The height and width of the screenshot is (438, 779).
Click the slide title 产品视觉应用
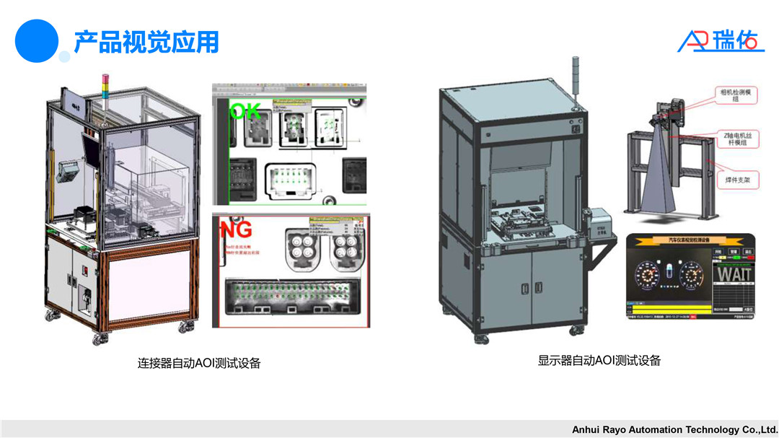146,42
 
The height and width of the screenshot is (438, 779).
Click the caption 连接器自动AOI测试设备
199,363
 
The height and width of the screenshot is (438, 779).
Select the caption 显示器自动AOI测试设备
599,360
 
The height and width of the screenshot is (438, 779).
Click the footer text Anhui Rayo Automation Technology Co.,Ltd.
674,429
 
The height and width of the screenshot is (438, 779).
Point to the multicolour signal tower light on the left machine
106,86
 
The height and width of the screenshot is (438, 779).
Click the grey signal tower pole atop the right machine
574,79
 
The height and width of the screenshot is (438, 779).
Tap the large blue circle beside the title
36,40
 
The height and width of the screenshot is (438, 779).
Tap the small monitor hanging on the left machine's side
70,172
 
